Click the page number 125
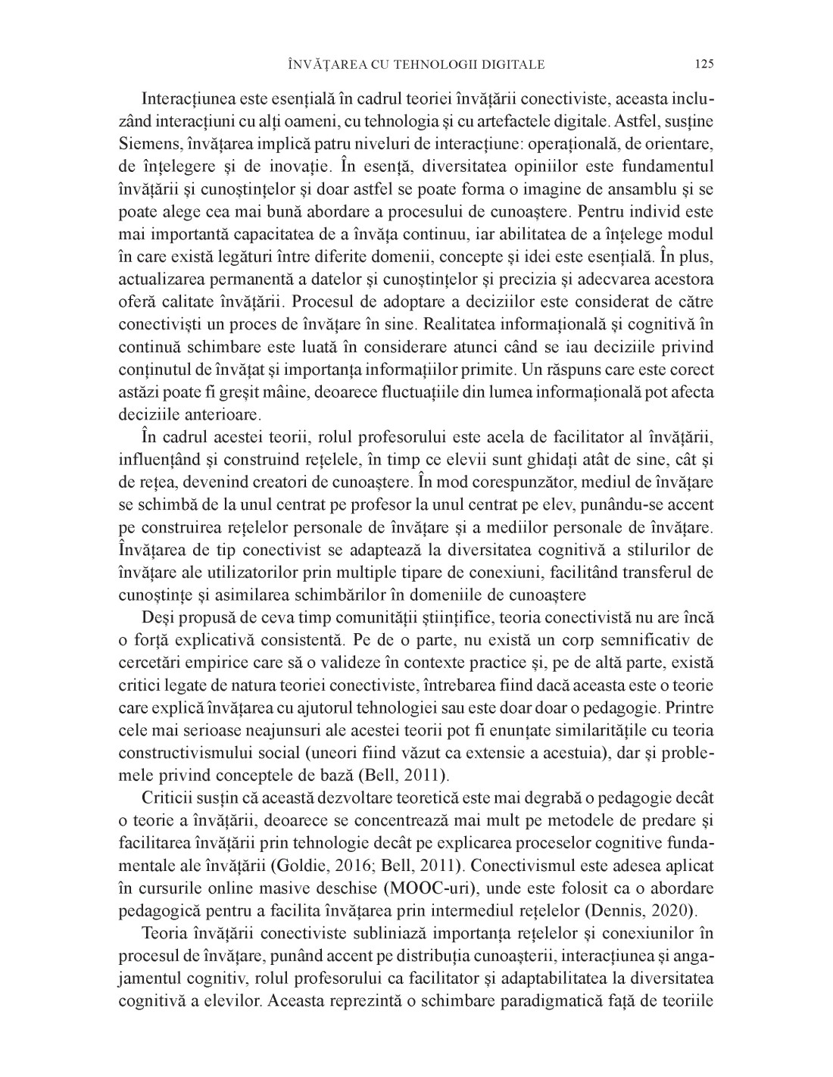click(x=704, y=64)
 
